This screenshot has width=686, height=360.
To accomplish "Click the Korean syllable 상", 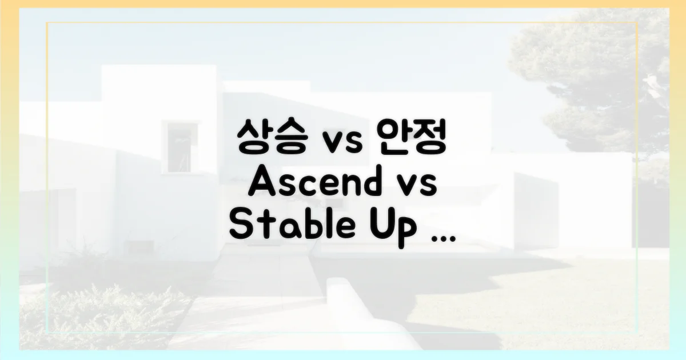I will point(252,138).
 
